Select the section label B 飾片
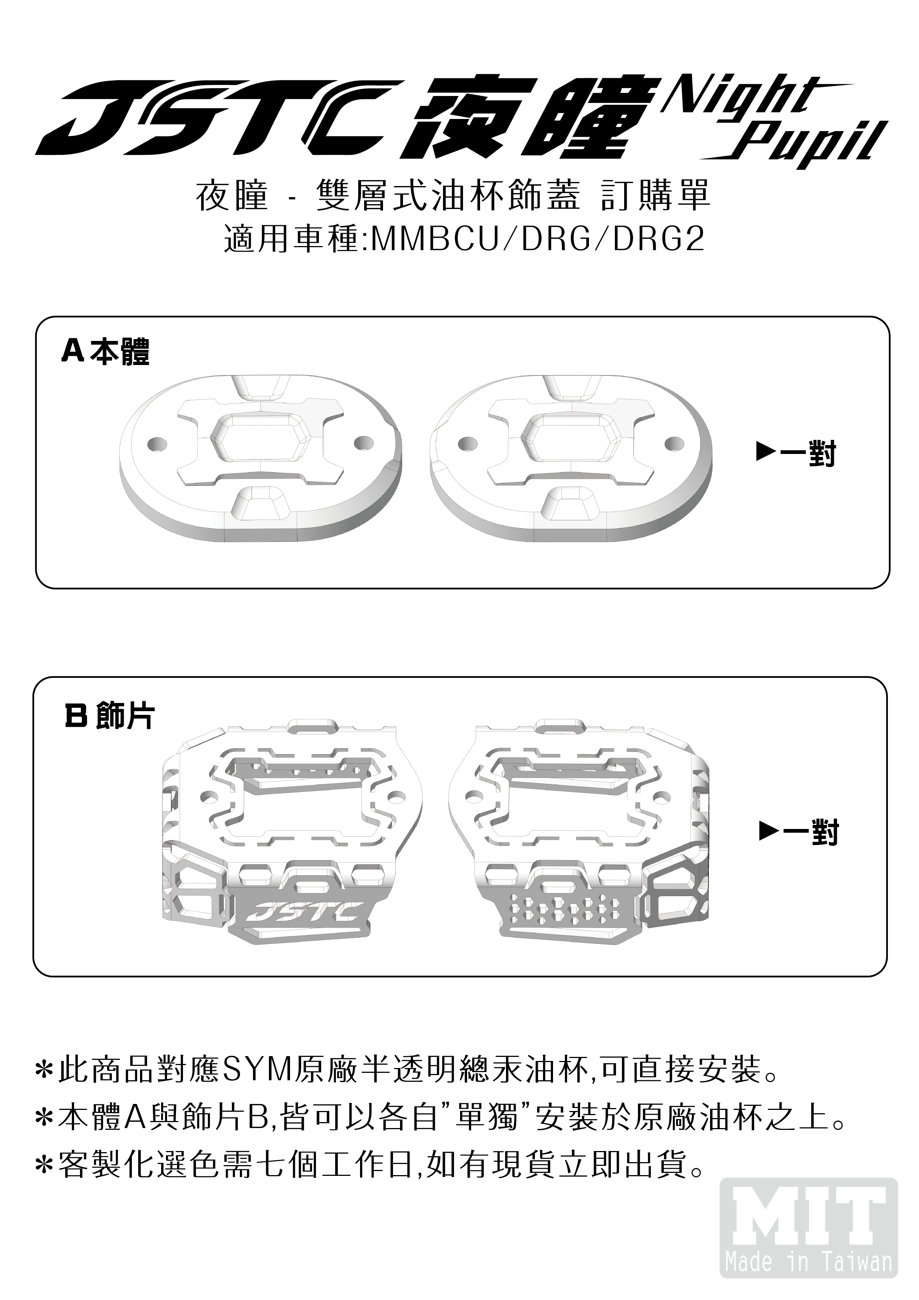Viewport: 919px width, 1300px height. pos(109,716)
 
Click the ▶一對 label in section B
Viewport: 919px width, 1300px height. pos(799,831)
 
